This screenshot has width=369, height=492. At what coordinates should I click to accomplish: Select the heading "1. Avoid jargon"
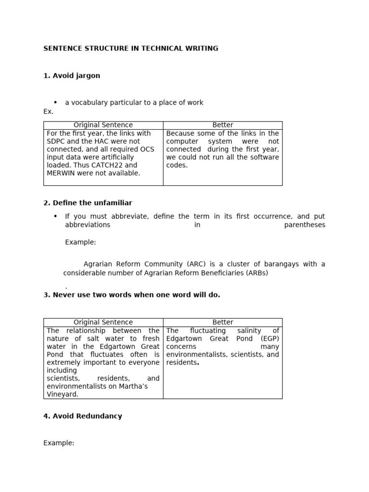(x=72, y=76)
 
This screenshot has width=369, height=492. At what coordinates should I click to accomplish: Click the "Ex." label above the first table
(x=48, y=111)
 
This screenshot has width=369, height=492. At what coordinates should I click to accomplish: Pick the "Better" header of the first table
(x=222, y=125)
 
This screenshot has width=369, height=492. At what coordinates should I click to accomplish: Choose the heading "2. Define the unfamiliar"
(x=87, y=203)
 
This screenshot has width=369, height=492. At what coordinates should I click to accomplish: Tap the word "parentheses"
(x=305, y=225)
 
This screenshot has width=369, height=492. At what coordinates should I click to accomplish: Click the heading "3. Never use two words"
(x=132, y=295)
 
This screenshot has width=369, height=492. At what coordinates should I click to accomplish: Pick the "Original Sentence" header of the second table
(x=103, y=322)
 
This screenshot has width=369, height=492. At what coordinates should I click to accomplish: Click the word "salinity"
(x=246, y=331)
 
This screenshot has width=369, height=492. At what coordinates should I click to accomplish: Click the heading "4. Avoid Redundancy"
(x=83, y=416)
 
